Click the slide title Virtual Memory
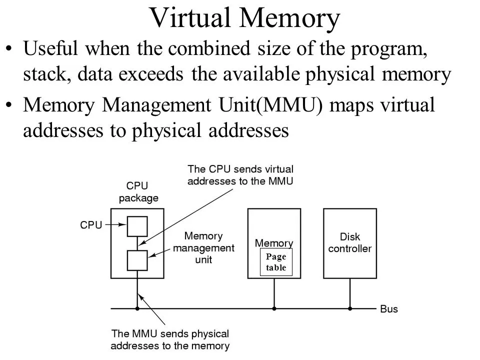tap(244, 18)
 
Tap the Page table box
tap(275, 261)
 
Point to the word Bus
tap(389, 309)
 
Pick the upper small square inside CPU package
tap(137, 226)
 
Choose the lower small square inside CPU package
tap(137, 260)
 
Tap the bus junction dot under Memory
tap(274, 308)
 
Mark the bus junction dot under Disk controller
tap(349, 308)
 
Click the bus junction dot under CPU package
tap(137, 308)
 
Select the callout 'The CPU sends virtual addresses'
tap(240, 174)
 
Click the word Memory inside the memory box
tap(274, 243)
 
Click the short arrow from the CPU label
tap(115, 225)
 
